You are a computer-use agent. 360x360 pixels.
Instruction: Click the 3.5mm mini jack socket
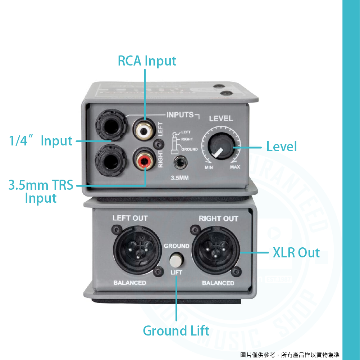[179, 163]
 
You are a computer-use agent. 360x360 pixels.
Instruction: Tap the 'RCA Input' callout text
[147, 61]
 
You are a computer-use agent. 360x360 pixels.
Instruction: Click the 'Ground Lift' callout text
[176, 330]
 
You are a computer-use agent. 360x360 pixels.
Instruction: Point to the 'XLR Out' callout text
[296, 253]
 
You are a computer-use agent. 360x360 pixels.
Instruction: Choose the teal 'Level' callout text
[282, 147]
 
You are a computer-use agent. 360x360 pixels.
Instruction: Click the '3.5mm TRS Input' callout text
[41, 192]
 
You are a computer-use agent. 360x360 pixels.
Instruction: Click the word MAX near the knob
[235, 167]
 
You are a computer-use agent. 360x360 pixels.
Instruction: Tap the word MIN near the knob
[209, 167]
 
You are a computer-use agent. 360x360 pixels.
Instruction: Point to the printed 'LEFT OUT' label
[130, 218]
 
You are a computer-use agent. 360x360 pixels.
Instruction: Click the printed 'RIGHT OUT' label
[218, 219]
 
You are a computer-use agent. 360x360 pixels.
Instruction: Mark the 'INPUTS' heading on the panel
[180, 115]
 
